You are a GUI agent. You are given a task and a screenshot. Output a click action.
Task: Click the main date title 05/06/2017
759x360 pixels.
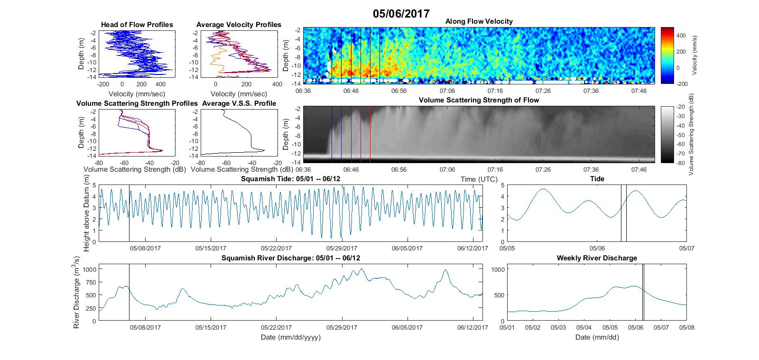click(401, 14)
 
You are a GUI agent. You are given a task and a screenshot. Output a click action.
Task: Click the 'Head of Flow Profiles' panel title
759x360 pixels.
click(137, 25)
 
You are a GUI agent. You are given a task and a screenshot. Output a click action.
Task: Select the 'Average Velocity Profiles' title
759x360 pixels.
click(239, 25)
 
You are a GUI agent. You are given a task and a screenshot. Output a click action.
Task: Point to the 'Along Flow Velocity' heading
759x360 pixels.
click(479, 21)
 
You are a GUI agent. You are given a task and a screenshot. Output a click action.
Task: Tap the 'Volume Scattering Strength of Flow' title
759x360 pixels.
click(479, 100)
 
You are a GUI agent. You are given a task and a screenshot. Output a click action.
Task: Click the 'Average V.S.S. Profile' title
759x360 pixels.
click(239, 103)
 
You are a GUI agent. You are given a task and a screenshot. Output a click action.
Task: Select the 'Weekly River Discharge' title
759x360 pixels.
click(597, 258)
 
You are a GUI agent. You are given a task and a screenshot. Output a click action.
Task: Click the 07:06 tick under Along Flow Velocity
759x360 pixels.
click(447, 91)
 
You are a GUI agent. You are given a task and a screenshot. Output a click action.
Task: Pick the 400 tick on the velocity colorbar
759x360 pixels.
click(681, 36)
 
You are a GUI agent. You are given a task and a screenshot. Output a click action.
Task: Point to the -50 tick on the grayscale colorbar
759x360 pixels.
click(681, 135)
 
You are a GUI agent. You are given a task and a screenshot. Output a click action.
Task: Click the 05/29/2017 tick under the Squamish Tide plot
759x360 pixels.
click(342, 248)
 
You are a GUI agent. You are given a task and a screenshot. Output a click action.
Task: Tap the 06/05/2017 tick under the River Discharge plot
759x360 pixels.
click(407, 327)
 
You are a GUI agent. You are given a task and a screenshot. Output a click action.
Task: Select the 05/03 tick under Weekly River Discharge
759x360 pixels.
click(558, 327)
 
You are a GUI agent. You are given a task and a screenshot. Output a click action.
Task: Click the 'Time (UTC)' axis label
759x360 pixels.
click(479, 179)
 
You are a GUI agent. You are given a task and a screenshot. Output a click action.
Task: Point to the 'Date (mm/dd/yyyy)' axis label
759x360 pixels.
click(290, 337)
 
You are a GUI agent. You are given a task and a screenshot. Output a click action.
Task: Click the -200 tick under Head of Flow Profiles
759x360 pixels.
click(103, 84)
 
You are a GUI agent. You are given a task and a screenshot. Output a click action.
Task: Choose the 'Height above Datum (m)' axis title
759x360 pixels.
click(86, 213)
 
